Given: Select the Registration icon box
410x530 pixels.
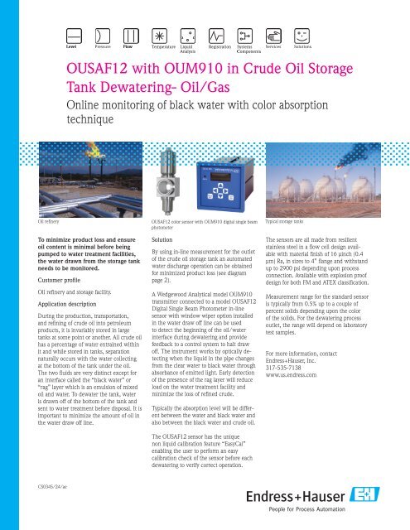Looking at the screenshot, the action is point(217,36).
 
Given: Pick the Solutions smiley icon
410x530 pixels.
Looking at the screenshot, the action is point(302,36).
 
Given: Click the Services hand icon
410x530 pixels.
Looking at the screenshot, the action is point(274,36).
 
